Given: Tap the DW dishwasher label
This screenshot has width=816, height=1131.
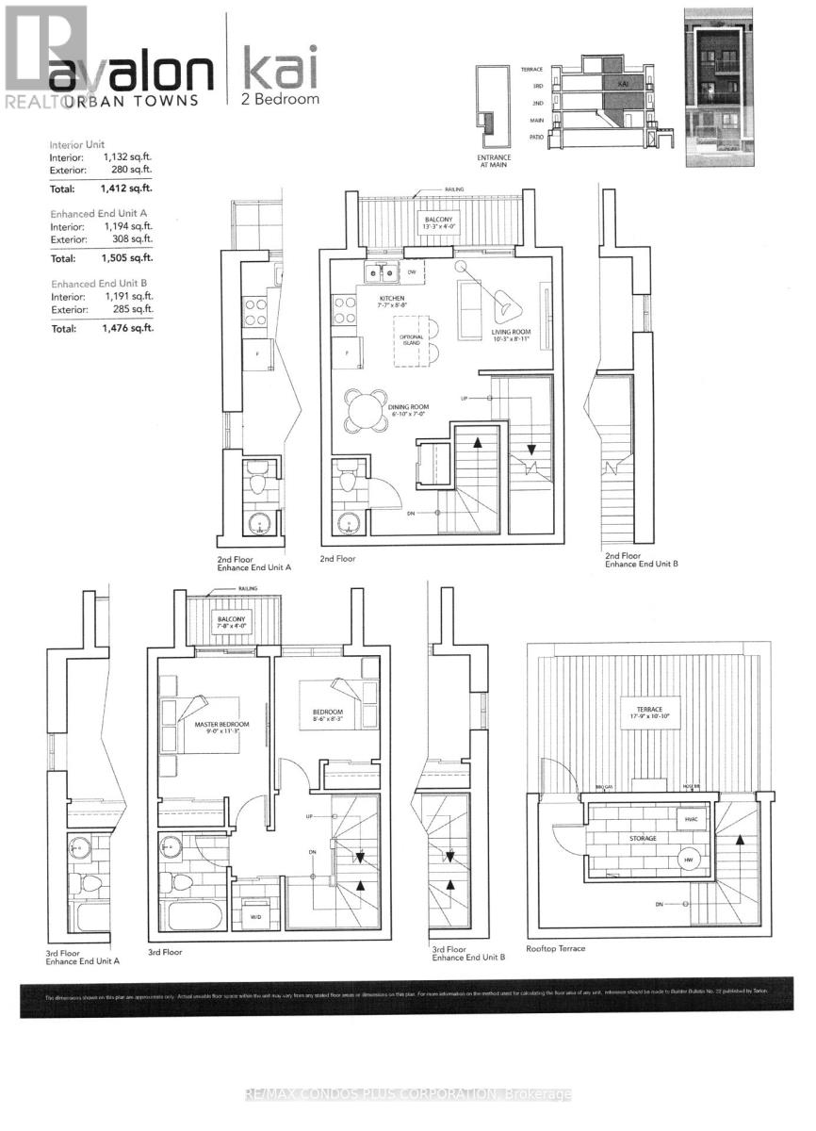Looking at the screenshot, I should click(412, 273).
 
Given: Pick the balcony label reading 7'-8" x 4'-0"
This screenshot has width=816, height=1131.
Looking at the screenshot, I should click(231, 622).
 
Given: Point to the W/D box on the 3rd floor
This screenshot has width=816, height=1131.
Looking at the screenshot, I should click(255, 916).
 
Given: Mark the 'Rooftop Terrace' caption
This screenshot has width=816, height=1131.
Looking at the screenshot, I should click(556, 948).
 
